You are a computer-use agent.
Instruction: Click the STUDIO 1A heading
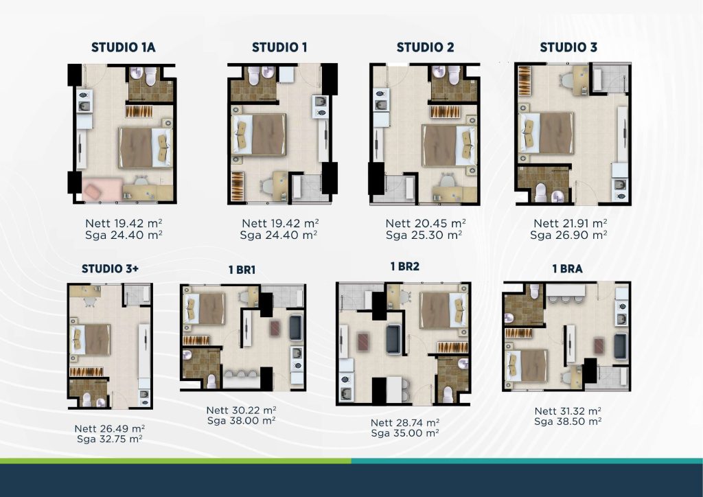tap(124, 47)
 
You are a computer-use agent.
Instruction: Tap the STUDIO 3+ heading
tap(111, 269)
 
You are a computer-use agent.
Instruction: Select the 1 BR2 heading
tap(405, 266)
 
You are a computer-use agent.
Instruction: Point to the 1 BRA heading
tap(567, 269)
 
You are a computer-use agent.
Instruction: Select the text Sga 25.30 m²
tap(424, 235)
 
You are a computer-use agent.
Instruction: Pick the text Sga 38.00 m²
tap(241, 421)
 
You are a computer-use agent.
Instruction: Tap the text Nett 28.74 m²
tap(405, 423)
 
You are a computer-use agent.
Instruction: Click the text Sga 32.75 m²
tap(109, 439)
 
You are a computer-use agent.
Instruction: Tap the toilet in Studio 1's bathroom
tap(254, 75)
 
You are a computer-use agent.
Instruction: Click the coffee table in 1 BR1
tap(275, 329)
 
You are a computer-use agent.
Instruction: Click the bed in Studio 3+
tap(90, 340)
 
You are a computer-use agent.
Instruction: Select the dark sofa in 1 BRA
tap(620, 347)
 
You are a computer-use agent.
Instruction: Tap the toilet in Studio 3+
tap(87, 400)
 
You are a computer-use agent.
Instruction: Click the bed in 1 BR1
tap(204, 308)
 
